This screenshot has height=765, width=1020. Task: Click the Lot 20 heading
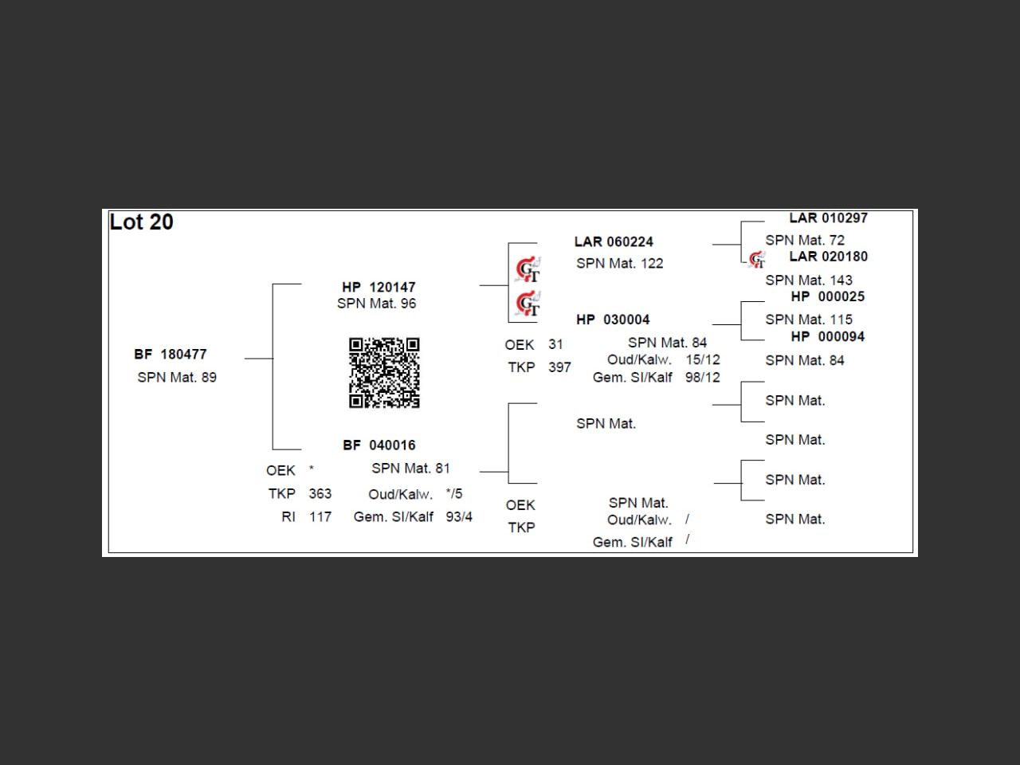click(141, 222)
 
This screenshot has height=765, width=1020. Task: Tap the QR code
click(384, 372)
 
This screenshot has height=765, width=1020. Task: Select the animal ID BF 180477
click(171, 354)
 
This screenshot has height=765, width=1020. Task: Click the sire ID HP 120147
click(379, 287)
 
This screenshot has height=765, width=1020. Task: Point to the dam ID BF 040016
click(379, 445)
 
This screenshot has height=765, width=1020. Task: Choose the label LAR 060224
click(614, 241)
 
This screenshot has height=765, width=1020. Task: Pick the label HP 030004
click(613, 320)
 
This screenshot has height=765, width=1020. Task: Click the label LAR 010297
click(828, 218)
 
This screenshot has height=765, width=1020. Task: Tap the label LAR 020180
click(828, 256)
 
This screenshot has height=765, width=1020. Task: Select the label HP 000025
click(827, 296)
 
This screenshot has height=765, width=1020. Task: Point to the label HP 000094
click(827, 336)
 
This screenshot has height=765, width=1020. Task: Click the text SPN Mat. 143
click(809, 280)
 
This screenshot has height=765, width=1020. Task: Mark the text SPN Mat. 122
click(620, 263)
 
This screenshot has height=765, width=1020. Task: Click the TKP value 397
click(559, 367)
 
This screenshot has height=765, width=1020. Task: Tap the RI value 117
click(320, 516)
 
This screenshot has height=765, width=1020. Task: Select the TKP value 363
click(320, 493)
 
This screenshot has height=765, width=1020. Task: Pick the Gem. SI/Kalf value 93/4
click(459, 516)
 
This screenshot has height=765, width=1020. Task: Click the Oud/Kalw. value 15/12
click(702, 359)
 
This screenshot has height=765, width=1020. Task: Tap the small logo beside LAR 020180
click(757, 259)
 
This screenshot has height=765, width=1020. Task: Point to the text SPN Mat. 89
click(177, 377)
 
